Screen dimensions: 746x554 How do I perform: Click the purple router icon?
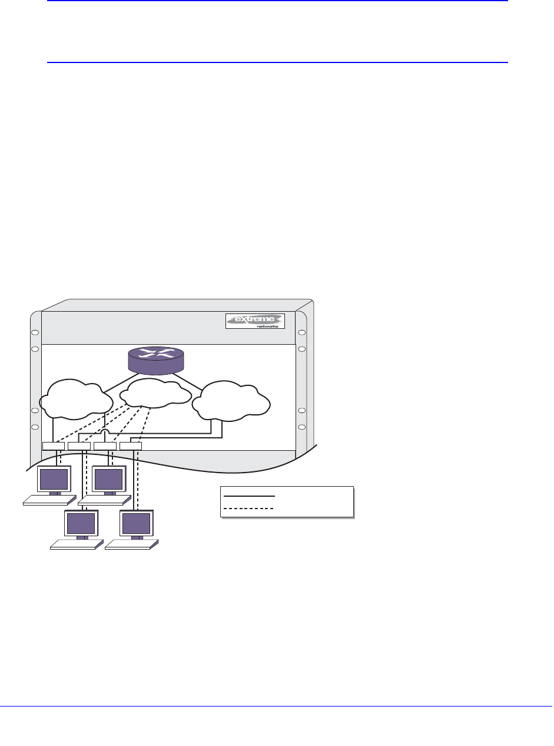tap(157, 359)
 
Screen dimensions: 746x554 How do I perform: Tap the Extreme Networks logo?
tap(255, 321)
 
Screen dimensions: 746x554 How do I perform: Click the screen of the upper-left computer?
tap(54, 478)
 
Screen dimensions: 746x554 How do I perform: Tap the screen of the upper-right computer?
tap(109, 478)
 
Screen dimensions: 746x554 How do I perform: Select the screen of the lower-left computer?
tap(81, 523)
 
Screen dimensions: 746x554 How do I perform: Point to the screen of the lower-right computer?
tap(136, 523)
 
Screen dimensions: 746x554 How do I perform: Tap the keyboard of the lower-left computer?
tap(76, 544)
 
